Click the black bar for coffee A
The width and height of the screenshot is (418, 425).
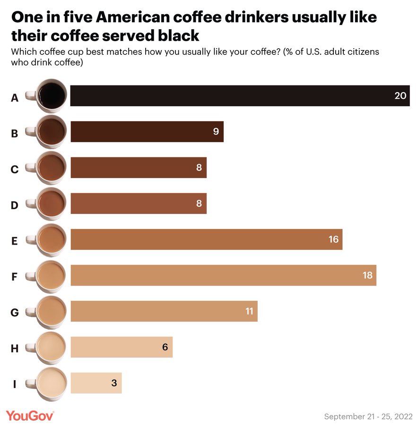240,96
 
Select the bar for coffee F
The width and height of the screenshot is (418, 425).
223,275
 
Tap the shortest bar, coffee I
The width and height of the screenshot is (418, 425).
96,383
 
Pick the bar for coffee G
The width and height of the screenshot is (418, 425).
164,311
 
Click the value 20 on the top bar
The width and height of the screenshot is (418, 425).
400,96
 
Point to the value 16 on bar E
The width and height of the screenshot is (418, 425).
333,239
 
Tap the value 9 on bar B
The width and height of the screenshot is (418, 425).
216,132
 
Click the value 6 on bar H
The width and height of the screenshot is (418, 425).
165,347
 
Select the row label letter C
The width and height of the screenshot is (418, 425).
15,170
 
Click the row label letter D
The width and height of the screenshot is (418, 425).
15,205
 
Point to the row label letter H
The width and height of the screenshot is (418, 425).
15,349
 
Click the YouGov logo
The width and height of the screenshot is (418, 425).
30,416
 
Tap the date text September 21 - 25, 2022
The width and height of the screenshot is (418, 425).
368,416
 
